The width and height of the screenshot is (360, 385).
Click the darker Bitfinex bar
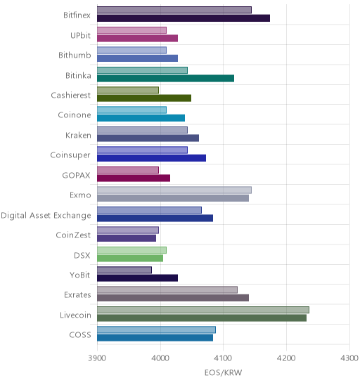pyautogui.click(x=184, y=18)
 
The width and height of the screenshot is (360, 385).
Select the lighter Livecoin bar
pyautogui.click(x=203, y=310)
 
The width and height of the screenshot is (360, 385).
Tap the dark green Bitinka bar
pyautogui.click(x=165, y=78)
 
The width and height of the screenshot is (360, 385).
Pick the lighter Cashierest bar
pyautogui.click(x=128, y=90)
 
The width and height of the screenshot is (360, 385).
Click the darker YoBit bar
pyautogui.click(x=137, y=278)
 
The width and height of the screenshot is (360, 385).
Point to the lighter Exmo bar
pyautogui.click(x=174, y=190)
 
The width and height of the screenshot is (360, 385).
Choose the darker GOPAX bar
pyautogui.click(x=134, y=178)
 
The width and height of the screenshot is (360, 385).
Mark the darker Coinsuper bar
pyautogui.click(x=151, y=158)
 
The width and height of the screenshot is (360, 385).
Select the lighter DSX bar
pyautogui.click(x=131, y=250)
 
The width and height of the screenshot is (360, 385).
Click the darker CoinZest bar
pyautogui.click(x=127, y=238)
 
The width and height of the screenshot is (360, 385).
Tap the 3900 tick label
pyautogui.click(x=97, y=358)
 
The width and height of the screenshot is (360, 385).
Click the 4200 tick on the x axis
pyautogui.click(x=286, y=358)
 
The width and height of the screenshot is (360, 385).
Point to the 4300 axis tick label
pyautogui.click(x=349, y=358)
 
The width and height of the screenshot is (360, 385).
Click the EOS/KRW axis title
pyautogui.click(x=223, y=373)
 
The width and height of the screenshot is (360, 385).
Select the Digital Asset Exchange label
pyautogui.click(x=46, y=216)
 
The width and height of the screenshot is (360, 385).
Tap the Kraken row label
pyautogui.click(x=78, y=136)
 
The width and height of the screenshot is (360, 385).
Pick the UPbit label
pyautogui.click(x=80, y=36)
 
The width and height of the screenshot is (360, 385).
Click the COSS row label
pyautogui.click(x=80, y=335)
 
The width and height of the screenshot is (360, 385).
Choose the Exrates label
pyautogui.click(x=77, y=294)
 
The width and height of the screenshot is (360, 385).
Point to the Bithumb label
pyautogui.click(x=75, y=56)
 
